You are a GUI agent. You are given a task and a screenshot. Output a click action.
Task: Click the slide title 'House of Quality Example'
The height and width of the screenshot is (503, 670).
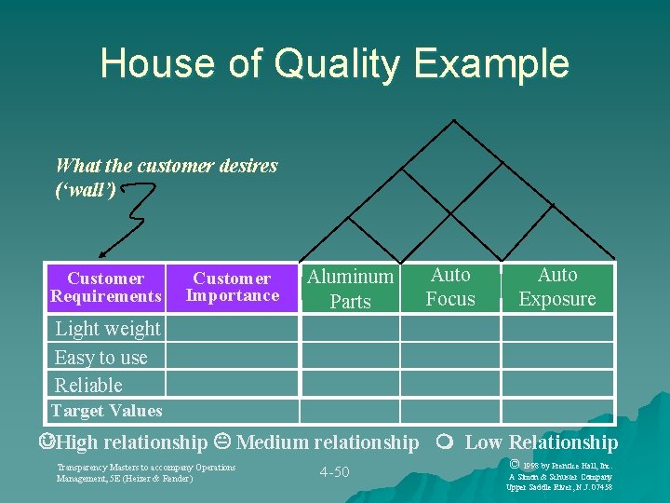334,63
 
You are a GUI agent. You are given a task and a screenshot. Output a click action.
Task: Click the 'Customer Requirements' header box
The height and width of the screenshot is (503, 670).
105,287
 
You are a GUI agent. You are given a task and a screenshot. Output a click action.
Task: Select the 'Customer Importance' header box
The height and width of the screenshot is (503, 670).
232,287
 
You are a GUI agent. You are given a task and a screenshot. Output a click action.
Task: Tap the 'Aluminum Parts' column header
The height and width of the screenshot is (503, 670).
350,288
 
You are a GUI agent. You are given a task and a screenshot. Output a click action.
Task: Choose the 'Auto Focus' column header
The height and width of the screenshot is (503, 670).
450,287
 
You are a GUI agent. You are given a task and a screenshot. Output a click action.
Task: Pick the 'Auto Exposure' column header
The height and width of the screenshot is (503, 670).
557,287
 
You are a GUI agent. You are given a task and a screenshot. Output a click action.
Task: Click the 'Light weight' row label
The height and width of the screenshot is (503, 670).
107,329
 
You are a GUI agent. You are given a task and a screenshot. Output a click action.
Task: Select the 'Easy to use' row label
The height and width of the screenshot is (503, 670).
100,358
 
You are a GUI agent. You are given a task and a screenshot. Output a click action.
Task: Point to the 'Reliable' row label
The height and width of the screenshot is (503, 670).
88,386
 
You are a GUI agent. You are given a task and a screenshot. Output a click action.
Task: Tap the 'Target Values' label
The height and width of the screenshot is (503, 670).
106,411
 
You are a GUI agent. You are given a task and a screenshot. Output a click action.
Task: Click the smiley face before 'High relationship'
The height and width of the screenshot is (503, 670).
46,442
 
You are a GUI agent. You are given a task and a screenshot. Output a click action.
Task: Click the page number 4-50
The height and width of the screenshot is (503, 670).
334,472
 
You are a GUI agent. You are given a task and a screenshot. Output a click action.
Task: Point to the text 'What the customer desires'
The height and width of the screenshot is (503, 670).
167,167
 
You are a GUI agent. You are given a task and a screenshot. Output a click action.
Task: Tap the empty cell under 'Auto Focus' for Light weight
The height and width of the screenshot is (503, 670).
450,329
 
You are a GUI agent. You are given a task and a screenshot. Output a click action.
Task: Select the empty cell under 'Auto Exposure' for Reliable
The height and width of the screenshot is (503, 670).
557,385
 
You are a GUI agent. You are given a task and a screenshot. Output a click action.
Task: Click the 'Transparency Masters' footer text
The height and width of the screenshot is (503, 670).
146,472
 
